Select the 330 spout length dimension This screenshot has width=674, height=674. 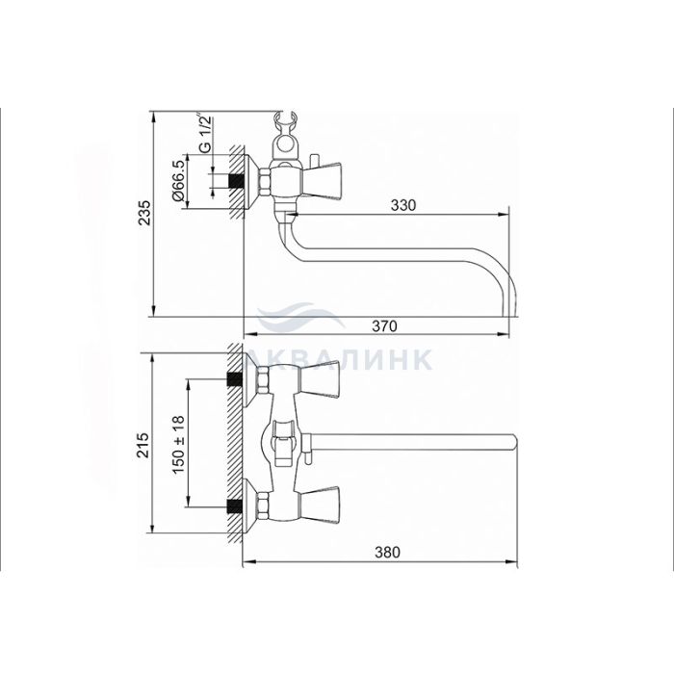403,205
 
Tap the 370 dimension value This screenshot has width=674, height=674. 384,326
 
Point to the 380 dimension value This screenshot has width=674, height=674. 387,552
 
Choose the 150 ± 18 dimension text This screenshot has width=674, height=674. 178,445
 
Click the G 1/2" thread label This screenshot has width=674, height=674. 205,134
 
